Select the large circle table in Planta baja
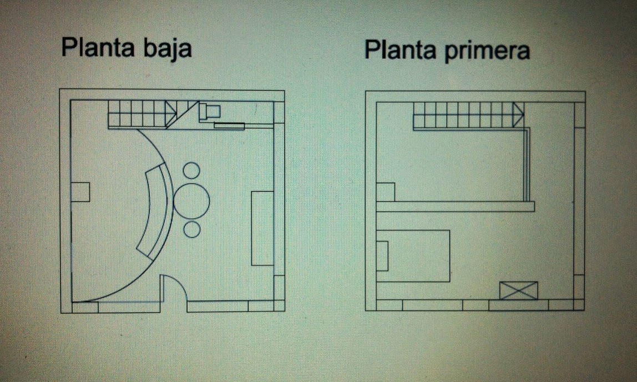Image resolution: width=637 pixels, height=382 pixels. tap(191, 199)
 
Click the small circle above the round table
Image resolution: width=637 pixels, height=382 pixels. tap(191, 170)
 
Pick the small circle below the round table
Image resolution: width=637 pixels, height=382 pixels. tap(191, 229)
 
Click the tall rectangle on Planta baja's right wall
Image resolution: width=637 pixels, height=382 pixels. tap(262, 228)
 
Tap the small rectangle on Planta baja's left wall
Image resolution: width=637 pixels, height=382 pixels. tap(80, 192)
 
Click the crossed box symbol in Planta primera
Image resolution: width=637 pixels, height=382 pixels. tap(518, 290)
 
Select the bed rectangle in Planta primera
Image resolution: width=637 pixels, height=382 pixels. tap(413, 256)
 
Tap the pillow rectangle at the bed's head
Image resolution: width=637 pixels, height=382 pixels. tap(382, 256)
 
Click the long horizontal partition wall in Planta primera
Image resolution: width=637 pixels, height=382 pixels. tap(455, 207)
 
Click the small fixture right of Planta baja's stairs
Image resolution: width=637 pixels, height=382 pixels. tap(210, 110)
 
